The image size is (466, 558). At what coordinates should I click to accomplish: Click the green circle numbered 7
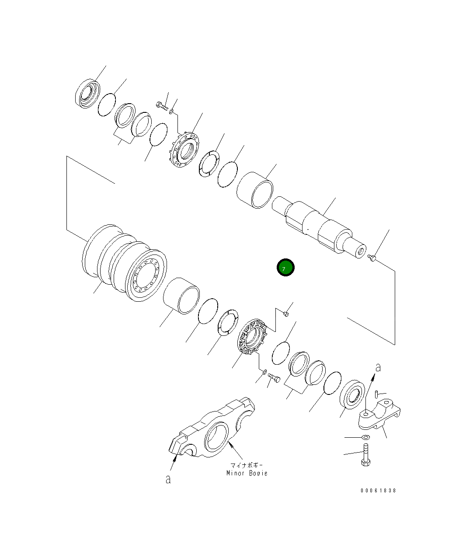click(x=285, y=267)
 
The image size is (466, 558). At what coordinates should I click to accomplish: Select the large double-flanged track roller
click(x=125, y=263)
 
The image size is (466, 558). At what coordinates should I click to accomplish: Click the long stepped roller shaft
click(x=319, y=227)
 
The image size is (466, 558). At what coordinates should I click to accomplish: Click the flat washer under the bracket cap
click(x=365, y=437)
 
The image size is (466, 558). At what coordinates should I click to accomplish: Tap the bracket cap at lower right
click(x=379, y=415)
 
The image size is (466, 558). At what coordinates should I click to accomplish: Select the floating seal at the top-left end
click(x=87, y=94)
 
